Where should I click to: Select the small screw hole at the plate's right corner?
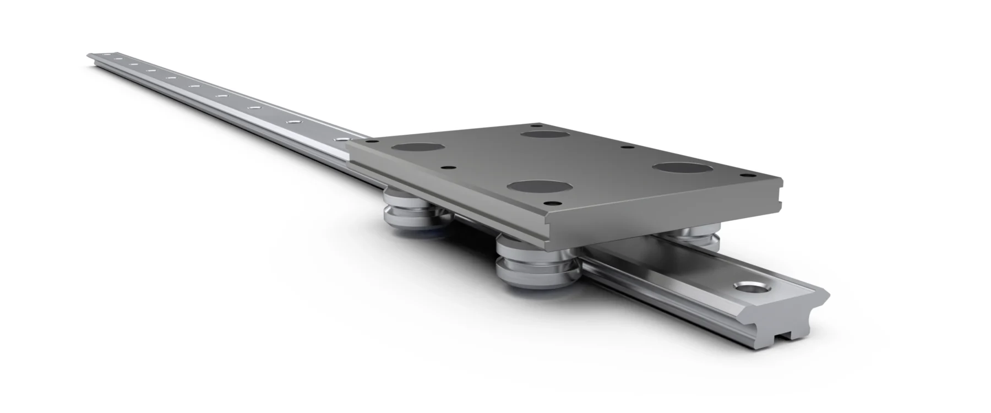pos(747,175)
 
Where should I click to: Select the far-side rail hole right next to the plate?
pos(344,139)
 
